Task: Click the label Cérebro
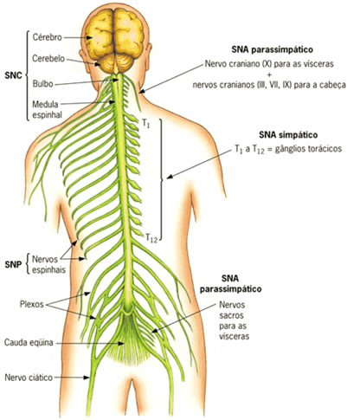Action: (x=47, y=37)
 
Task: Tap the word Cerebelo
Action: (x=48, y=58)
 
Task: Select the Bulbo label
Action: (x=42, y=84)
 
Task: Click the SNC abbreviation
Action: (x=13, y=75)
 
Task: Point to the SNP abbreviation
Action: (x=13, y=264)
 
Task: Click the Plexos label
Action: (x=32, y=304)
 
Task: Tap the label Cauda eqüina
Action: (x=29, y=343)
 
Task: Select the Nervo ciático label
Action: (x=29, y=378)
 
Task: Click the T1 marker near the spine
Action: (x=146, y=123)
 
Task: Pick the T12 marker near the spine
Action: (x=151, y=238)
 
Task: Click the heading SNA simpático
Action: (x=288, y=135)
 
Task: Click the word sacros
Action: (x=231, y=315)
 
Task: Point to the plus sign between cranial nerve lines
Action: (x=269, y=74)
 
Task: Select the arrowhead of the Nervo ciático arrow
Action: (x=87, y=378)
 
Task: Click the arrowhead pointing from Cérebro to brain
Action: (x=89, y=37)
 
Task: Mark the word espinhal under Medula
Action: (x=47, y=115)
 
